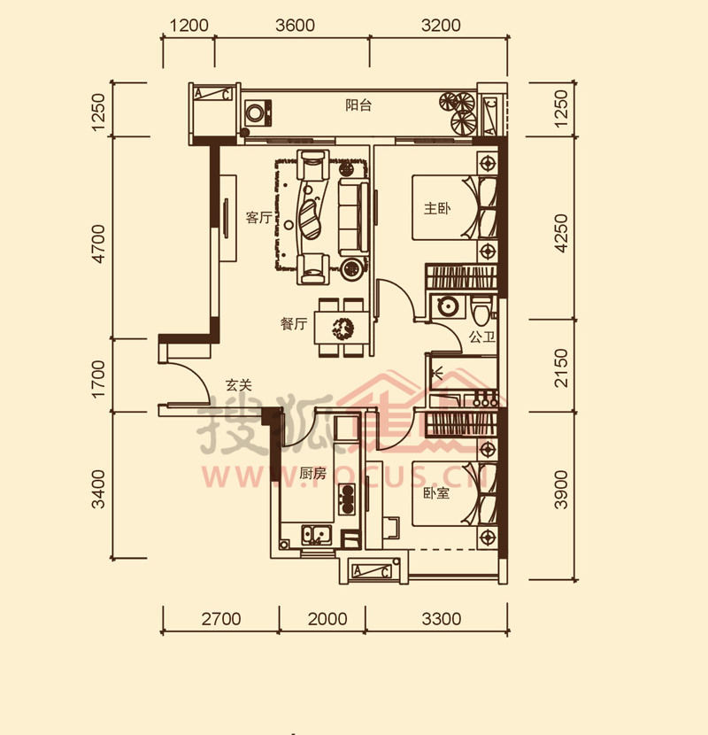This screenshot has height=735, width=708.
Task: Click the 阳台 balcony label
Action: coord(358,105)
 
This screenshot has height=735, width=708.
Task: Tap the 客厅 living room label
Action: coord(258,218)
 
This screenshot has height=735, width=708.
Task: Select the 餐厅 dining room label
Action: coord(294,324)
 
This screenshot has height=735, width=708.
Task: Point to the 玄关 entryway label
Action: coord(239,385)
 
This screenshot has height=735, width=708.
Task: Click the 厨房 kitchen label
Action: coord(312,474)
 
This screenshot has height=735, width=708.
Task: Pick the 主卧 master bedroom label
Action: coord(437,208)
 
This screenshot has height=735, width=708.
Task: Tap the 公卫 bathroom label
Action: coord(482,337)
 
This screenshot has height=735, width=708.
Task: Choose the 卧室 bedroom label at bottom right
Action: coord(436,493)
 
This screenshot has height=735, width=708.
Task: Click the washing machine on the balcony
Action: coord(258,112)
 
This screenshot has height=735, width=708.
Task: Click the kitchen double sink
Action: coord(316,534)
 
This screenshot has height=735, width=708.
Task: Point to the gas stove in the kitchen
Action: coord(347,499)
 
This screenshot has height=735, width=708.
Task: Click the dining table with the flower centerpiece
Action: coord(341,329)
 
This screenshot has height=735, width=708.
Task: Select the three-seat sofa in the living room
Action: coord(353,216)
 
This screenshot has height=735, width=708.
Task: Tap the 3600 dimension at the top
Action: coord(295,26)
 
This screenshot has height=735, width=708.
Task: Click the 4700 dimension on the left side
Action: coord(99,244)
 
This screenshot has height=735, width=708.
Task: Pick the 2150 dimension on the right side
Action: coord(561,367)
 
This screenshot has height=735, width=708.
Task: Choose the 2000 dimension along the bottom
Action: coord(327,619)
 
